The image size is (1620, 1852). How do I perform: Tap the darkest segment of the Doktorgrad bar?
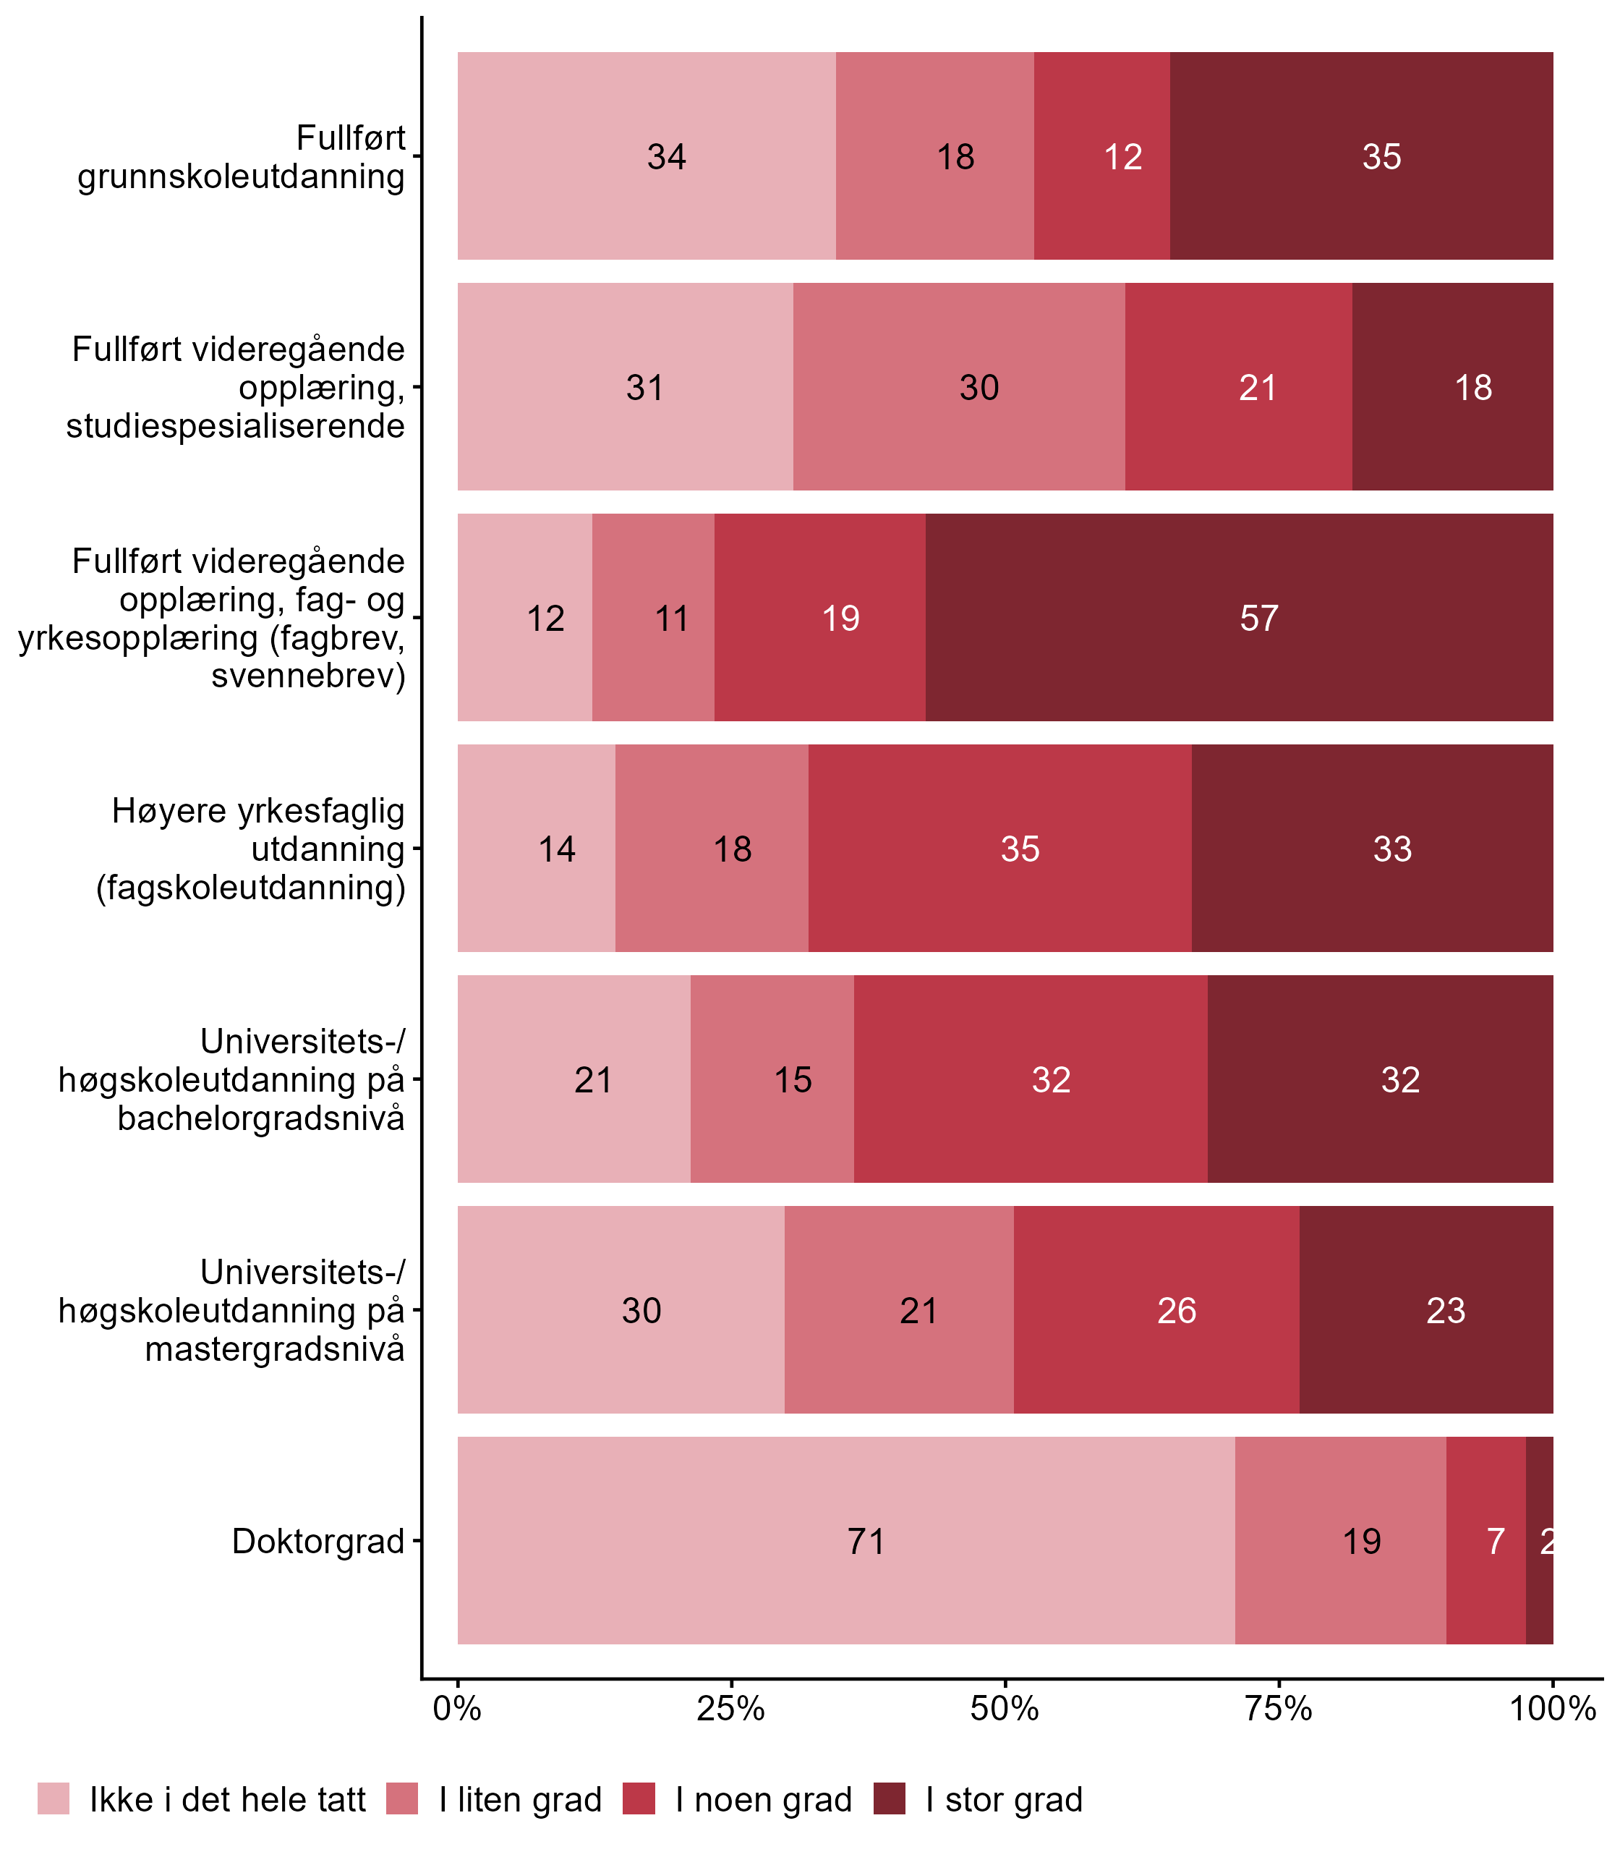(1539, 1541)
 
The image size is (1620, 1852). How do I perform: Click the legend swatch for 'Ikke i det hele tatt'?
(54, 1800)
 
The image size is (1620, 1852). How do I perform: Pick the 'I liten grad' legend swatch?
(402, 1800)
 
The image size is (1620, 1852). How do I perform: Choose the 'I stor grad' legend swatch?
(890, 1800)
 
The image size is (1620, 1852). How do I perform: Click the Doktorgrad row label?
(318, 1541)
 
